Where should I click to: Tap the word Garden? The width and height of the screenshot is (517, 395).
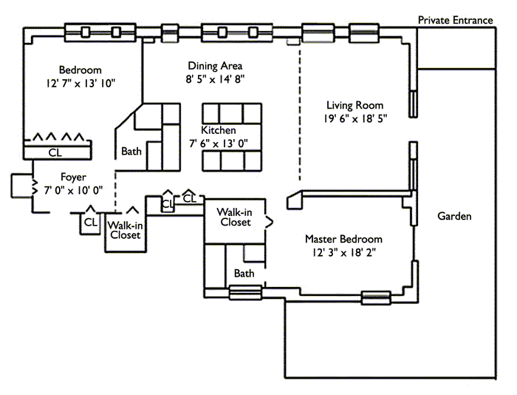[x=454, y=217]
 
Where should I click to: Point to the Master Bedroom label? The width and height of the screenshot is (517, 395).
[x=344, y=239]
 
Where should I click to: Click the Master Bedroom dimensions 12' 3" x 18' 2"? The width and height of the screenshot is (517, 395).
[x=344, y=253]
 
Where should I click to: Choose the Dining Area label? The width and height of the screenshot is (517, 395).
[x=215, y=65]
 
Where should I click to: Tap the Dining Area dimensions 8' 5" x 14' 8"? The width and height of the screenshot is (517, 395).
[x=215, y=78]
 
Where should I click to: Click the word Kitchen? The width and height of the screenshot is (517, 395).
[x=219, y=130]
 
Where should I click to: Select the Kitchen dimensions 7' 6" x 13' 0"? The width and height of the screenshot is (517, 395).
[x=219, y=143]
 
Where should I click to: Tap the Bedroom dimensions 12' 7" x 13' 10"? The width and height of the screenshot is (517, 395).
[x=81, y=84]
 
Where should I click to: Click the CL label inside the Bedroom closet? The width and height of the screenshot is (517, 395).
[x=55, y=152]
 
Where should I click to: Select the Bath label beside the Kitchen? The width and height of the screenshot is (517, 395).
[x=131, y=152]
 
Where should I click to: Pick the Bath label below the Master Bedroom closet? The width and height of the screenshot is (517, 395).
[x=244, y=274]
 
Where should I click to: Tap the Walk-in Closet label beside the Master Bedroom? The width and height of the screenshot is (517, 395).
[x=234, y=217]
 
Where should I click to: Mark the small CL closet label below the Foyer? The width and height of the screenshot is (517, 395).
[x=91, y=221]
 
